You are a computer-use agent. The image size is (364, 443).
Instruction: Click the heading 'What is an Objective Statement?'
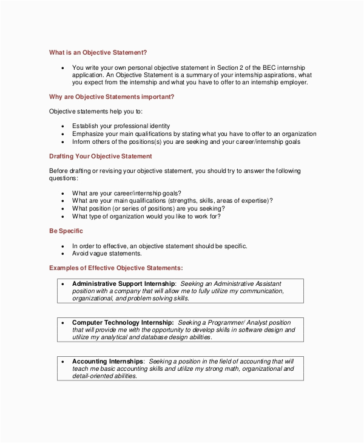98,52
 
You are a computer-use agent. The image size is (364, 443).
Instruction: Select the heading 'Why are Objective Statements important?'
112,96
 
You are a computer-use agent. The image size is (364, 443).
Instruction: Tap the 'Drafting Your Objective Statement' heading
100,156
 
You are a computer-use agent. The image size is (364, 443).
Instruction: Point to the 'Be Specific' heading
66,231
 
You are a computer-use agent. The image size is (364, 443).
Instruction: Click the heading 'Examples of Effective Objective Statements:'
116,268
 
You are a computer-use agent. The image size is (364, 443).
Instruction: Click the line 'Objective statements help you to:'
96,112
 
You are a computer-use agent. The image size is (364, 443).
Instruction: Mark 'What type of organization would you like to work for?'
146,216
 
